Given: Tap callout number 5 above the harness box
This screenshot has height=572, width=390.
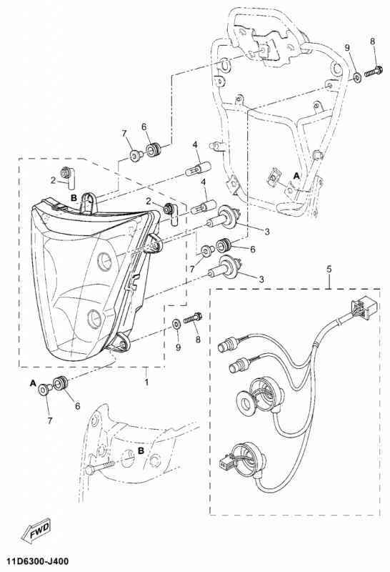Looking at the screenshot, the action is point(329,270).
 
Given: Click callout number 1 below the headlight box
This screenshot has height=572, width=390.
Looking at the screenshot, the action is point(146,383).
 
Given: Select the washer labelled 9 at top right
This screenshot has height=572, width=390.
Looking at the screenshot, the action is point(357,77).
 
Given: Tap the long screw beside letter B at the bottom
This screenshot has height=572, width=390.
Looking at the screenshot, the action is point(101,468).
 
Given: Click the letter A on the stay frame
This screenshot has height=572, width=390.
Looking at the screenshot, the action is point(296,176).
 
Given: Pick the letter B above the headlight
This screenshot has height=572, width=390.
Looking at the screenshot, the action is point(74,198).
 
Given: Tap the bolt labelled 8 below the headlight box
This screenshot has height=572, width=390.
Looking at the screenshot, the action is point(193,317).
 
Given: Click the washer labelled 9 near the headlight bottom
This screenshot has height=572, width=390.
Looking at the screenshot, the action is point(176,323).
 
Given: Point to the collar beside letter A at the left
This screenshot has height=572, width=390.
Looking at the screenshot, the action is point(44,390).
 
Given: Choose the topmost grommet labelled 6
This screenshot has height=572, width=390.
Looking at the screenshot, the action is point(152,149).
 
